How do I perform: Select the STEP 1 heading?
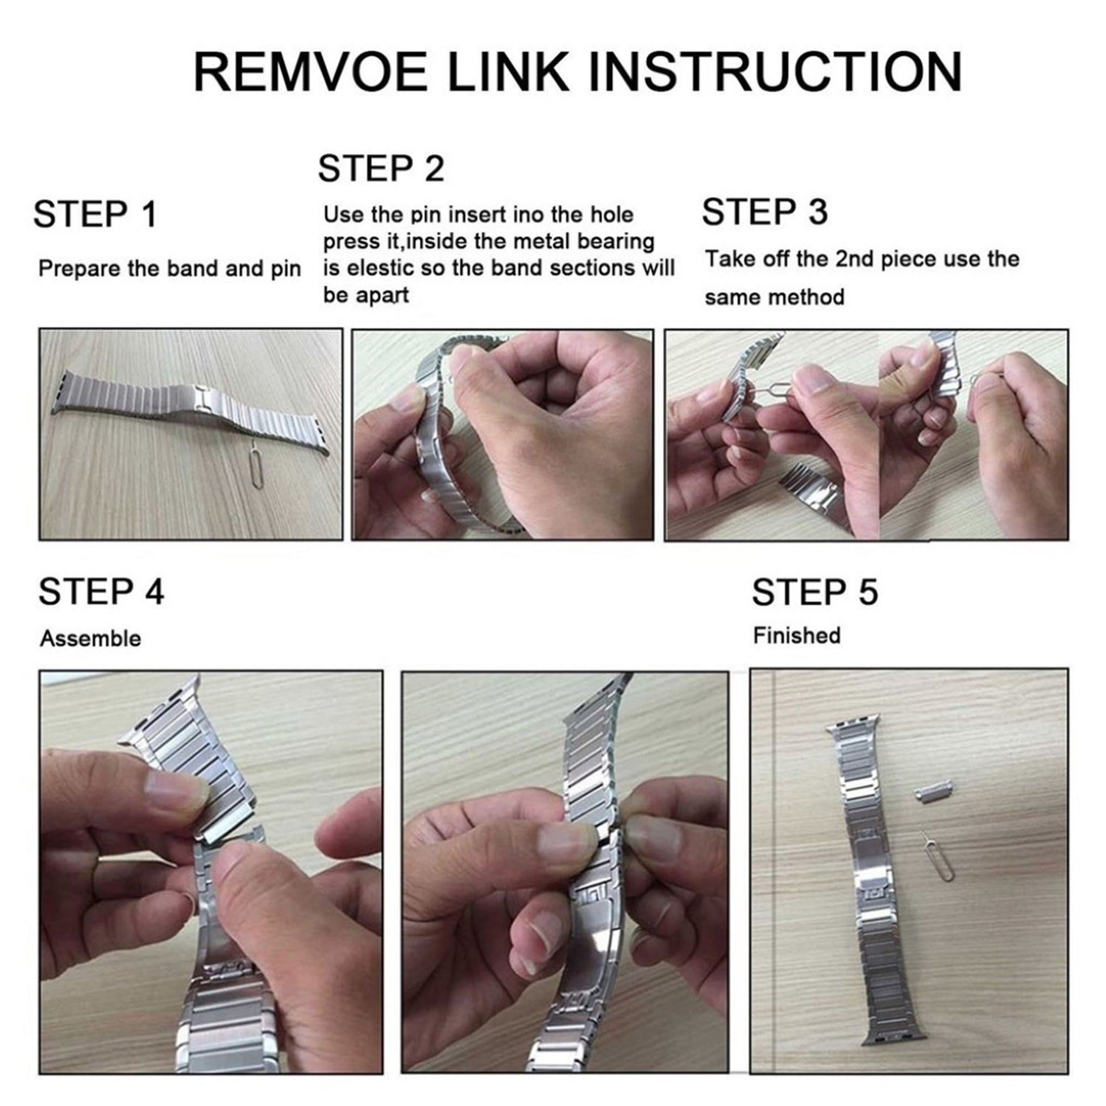[94, 214]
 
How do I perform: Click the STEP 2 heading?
[381, 168]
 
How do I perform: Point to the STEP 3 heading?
[765, 211]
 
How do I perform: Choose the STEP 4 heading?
[101, 591]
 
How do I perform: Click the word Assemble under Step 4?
[90, 638]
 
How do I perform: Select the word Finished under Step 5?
[797, 635]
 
